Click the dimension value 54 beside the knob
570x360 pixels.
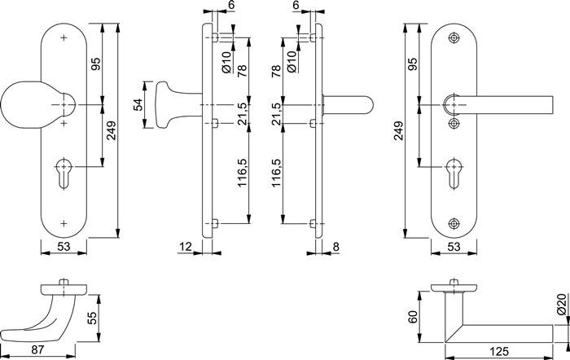pos(138,105)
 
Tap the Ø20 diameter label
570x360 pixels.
pos(561,309)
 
